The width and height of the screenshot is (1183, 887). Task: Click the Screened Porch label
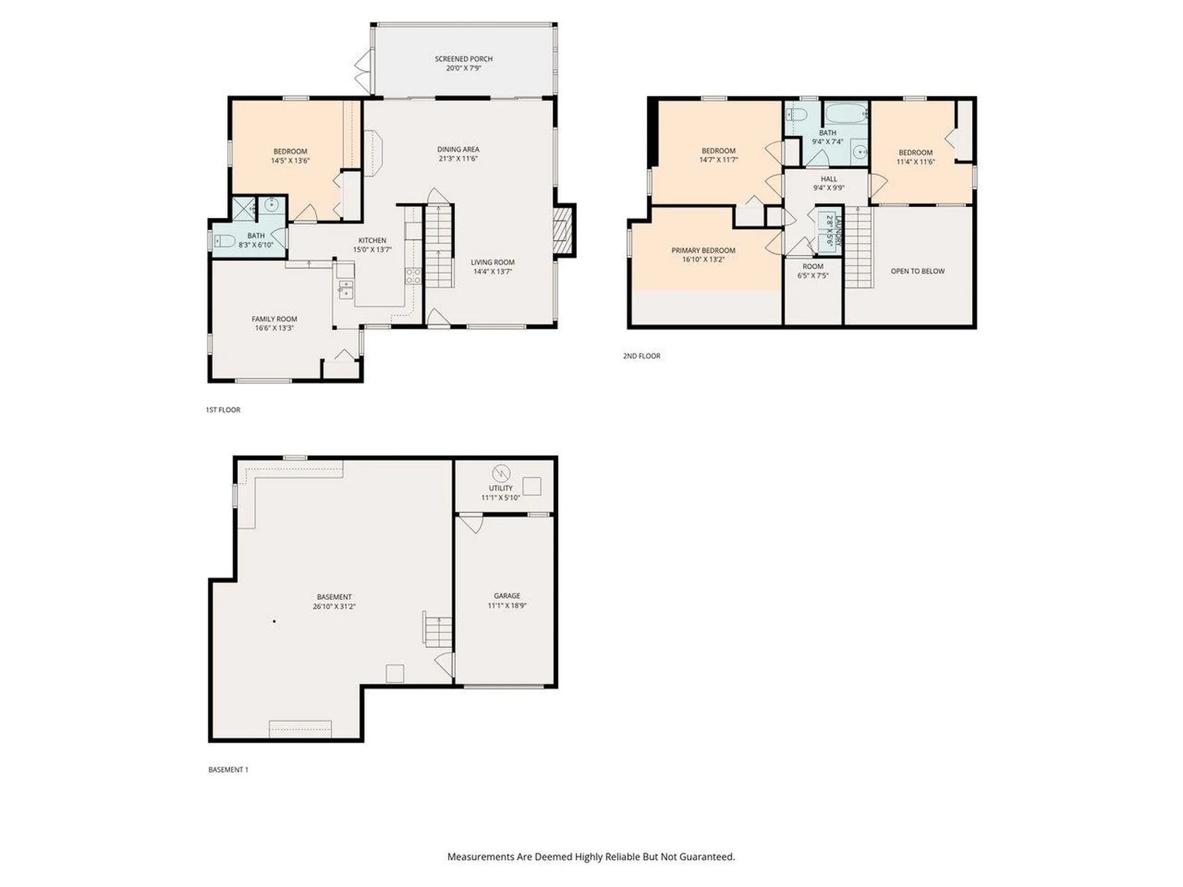(463, 59)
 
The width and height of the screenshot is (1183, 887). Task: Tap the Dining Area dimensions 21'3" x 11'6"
(458, 158)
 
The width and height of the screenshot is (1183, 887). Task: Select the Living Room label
(492, 262)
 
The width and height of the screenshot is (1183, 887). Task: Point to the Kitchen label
(372, 241)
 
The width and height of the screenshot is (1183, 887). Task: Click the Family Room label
(274, 319)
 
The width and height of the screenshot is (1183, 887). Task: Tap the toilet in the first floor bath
(224, 240)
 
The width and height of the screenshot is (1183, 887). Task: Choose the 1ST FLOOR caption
(223, 410)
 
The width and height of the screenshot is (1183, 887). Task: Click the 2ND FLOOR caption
(641, 356)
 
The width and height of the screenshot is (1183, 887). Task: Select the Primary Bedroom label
(703, 251)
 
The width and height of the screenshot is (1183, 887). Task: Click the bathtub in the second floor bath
(847, 114)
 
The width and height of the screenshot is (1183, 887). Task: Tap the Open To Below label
(917, 271)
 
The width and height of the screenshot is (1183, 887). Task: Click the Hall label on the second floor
(829, 179)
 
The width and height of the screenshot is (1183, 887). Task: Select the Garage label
(507, 596)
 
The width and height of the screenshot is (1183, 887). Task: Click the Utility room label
(500, 488)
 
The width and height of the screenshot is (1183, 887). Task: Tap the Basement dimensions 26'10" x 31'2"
(334, 606)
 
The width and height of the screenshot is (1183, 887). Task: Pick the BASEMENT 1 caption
(228, 770)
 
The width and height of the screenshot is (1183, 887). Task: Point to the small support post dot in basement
(274, 622)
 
